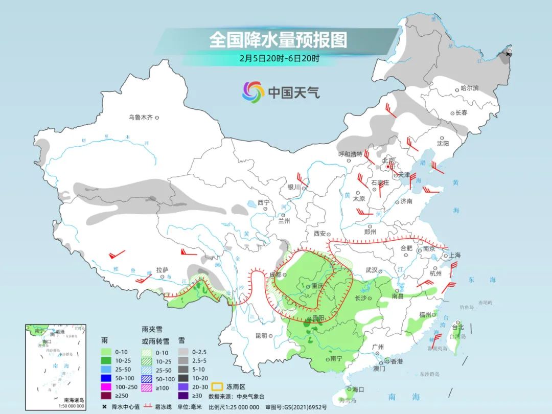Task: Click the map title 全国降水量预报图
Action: coord(278,40)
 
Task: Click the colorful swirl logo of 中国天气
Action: coord(253,92)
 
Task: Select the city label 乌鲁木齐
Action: coord(141,117)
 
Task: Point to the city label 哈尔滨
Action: coord(469,88)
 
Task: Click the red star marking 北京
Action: coord(388,167)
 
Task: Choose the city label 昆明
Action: coord(261,336)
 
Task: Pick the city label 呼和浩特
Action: coord(350,154)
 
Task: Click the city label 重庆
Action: coord(318,286)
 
